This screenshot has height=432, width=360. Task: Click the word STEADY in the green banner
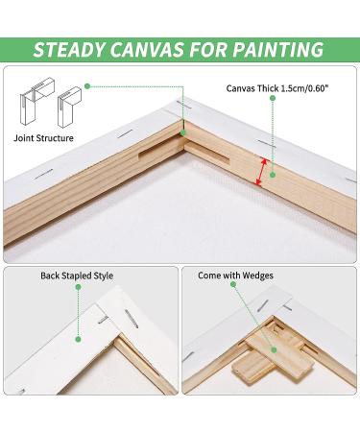(x=68, y=50)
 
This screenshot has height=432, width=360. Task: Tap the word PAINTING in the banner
(x=278, y=50)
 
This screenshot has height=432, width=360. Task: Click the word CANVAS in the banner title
(x=148, y=50)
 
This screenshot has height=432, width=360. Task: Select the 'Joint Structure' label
(x=43, y=138)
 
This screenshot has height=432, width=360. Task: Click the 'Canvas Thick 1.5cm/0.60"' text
(x=277, y=88)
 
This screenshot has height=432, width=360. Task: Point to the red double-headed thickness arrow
(x=261, y=172)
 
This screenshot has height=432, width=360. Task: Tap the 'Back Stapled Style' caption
(x=77, y=276)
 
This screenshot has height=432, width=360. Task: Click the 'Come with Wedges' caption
(x=235, y=276)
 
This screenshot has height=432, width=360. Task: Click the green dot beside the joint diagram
(x=87, y=86)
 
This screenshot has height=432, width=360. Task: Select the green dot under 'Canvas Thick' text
(x=273, y=99)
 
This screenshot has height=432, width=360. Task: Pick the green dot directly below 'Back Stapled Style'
(x=78, y=287)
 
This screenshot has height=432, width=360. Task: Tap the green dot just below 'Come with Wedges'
(x=233, y=285)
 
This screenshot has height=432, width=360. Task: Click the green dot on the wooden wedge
(x=274, y=350)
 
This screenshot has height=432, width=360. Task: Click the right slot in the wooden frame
(x=207, y=154)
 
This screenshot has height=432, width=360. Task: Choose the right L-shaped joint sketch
(x=69, y=107)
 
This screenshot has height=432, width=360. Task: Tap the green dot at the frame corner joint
(x=182, y=132)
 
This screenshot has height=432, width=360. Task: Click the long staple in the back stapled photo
(x=132, y=320)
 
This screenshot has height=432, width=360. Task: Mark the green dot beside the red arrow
(x=273, y=175)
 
